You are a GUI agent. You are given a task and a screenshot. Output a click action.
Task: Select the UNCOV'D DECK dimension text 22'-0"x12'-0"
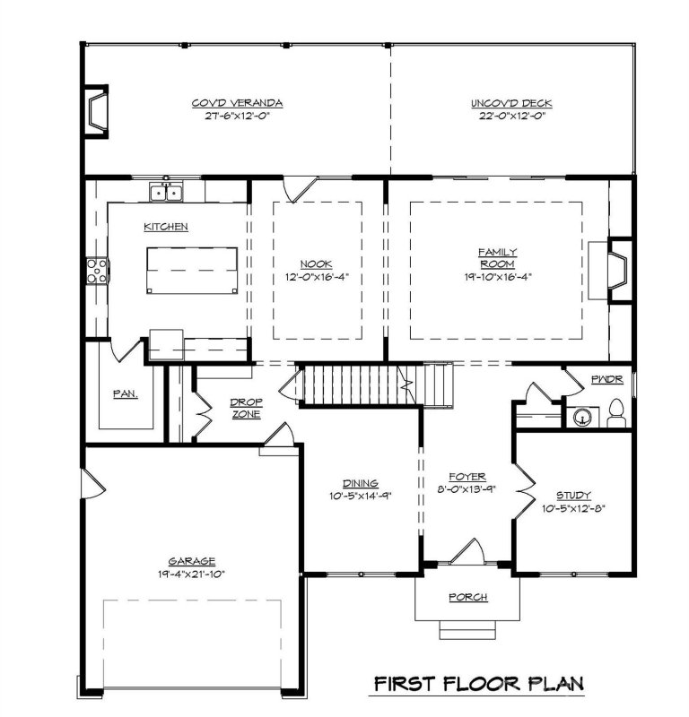click(510, 116)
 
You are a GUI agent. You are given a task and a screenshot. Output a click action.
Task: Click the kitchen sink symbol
click(165, 192)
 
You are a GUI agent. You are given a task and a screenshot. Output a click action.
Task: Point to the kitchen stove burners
click(95, 270)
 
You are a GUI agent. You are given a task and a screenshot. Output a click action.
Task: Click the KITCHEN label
click(166, 227)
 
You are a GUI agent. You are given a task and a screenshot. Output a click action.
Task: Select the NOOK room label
click(316, 263)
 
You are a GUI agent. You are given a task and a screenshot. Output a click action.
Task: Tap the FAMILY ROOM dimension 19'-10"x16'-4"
click(496, 277)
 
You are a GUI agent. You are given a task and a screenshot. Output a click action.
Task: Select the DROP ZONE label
click(245, 408)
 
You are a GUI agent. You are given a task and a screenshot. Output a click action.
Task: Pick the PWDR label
click(601, 380)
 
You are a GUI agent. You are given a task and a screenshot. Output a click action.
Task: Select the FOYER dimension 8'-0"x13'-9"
click(467, 489)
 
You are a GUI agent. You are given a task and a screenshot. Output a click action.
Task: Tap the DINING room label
click(360, 482)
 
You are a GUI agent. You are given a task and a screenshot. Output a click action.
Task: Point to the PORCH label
click(467, 597)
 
